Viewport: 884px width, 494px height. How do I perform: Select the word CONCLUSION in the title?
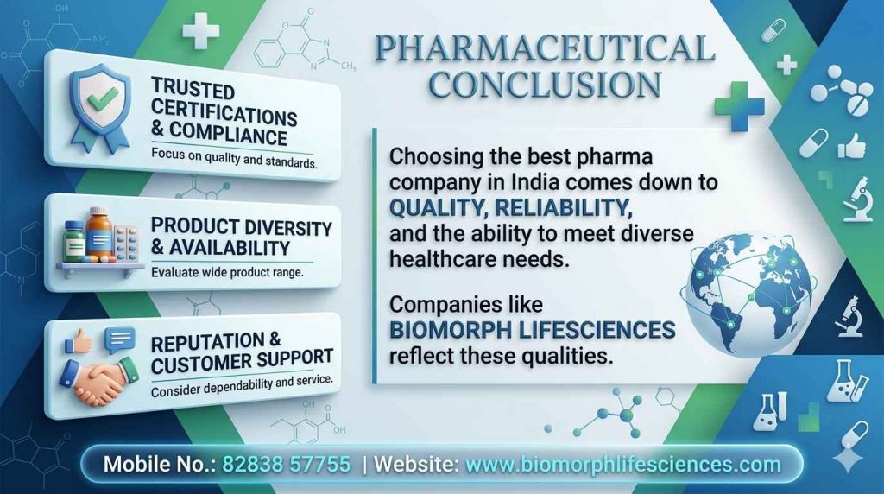[546, 85]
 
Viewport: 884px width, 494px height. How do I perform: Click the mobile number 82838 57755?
[287, 464]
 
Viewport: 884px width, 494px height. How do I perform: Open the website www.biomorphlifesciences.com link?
[622, 464]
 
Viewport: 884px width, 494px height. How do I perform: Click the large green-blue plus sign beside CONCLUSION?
[740, 106]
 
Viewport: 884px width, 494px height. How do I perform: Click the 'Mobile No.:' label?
[158, 464]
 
